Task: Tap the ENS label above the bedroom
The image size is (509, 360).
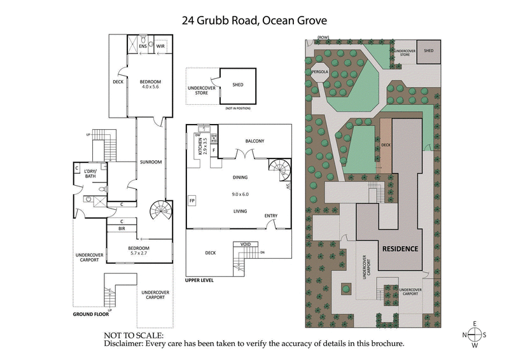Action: coord(143,46)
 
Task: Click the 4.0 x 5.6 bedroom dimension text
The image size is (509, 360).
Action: coord(151,88)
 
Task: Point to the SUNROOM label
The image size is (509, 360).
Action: coord(151,162)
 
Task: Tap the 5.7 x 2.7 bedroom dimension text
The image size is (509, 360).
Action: coord(139,254)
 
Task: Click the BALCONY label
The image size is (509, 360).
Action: coord(254,141)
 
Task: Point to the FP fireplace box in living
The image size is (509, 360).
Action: coord(192,202)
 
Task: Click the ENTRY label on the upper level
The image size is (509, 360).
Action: coord(271,216)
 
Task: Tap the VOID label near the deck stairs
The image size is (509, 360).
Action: coord(244,244)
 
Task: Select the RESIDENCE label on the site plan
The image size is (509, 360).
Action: coord(399,248)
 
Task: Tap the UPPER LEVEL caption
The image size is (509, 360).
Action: coord(200,280)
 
